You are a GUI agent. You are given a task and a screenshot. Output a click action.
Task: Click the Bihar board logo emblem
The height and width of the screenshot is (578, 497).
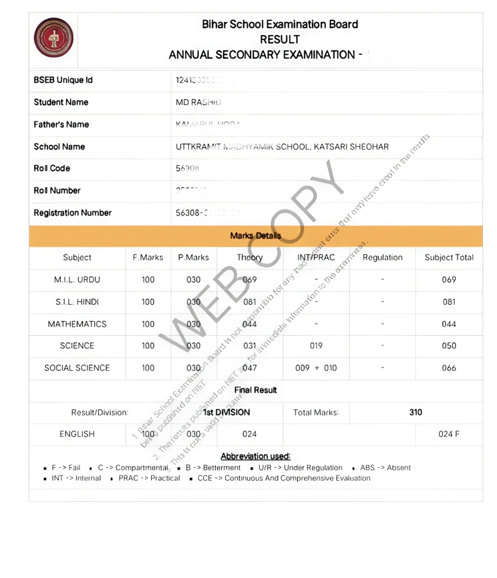point(54,38)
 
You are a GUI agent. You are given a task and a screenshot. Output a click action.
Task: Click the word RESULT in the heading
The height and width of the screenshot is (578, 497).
point(280,40)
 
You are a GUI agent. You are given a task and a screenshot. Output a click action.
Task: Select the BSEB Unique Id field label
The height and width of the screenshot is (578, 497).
point(63,80)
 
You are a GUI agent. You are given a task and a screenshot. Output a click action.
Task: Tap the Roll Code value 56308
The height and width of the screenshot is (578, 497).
point(188,168)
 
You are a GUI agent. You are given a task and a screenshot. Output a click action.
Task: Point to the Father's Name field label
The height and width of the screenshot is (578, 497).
point(61,124)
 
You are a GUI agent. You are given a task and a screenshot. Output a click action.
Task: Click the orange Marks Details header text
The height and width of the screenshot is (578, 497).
point(255,235)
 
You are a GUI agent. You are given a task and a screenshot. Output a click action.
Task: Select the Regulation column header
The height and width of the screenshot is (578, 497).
point(382,257)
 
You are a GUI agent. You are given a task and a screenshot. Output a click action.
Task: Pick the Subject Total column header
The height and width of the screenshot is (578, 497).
point(449,257)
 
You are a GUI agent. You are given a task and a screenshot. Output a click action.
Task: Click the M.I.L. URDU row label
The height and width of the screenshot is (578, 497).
point(77,279)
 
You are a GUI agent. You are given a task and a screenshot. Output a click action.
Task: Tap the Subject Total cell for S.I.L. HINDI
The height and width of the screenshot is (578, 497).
point(449,301)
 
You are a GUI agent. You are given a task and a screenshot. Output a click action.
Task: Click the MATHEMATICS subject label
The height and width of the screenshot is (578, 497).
point(77,324)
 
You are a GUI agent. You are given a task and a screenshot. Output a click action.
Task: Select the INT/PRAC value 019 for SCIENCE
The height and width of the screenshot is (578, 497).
point(316,345)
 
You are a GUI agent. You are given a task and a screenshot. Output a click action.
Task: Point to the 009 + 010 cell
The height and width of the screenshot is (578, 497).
point(316,368)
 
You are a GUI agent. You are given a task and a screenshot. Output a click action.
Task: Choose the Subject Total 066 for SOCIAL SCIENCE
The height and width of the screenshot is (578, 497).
point(449,368)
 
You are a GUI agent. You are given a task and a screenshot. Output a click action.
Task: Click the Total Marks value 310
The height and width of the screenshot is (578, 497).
point(416,412)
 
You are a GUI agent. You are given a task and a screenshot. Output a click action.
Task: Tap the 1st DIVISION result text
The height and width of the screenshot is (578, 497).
point(226,412)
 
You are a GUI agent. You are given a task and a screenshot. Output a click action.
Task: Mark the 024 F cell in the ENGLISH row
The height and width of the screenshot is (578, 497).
point(449,434)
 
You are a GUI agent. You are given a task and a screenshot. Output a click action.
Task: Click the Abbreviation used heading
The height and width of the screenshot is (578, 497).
point(255,456)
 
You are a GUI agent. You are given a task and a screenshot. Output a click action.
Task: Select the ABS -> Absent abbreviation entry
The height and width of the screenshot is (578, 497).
point(385,467)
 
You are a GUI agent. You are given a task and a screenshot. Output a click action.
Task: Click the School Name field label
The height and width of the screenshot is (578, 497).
point(59,147)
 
